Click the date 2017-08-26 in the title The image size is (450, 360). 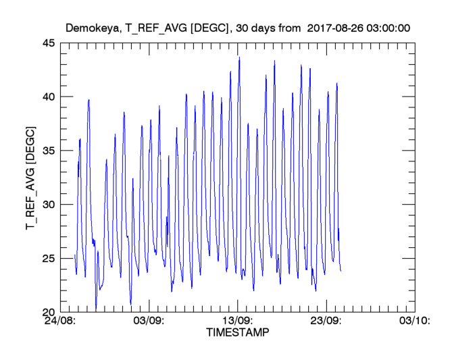[336, 28]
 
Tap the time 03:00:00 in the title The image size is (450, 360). [390, 28]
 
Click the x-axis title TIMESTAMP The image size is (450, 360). [236, 334]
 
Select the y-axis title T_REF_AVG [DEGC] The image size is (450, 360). [30, 178]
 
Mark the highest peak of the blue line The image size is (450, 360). [239, 57]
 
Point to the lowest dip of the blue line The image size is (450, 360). [96, 309]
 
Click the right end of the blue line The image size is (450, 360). [341, 271]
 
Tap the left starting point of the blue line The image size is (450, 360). [74, 255]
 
